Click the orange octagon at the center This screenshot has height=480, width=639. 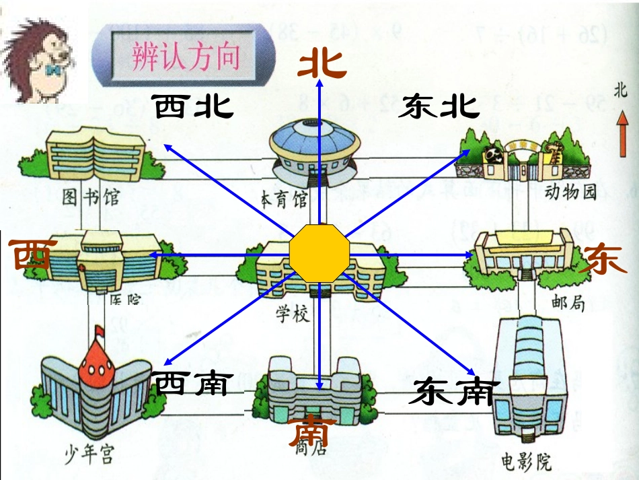319,254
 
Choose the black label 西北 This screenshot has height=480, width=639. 192,106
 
